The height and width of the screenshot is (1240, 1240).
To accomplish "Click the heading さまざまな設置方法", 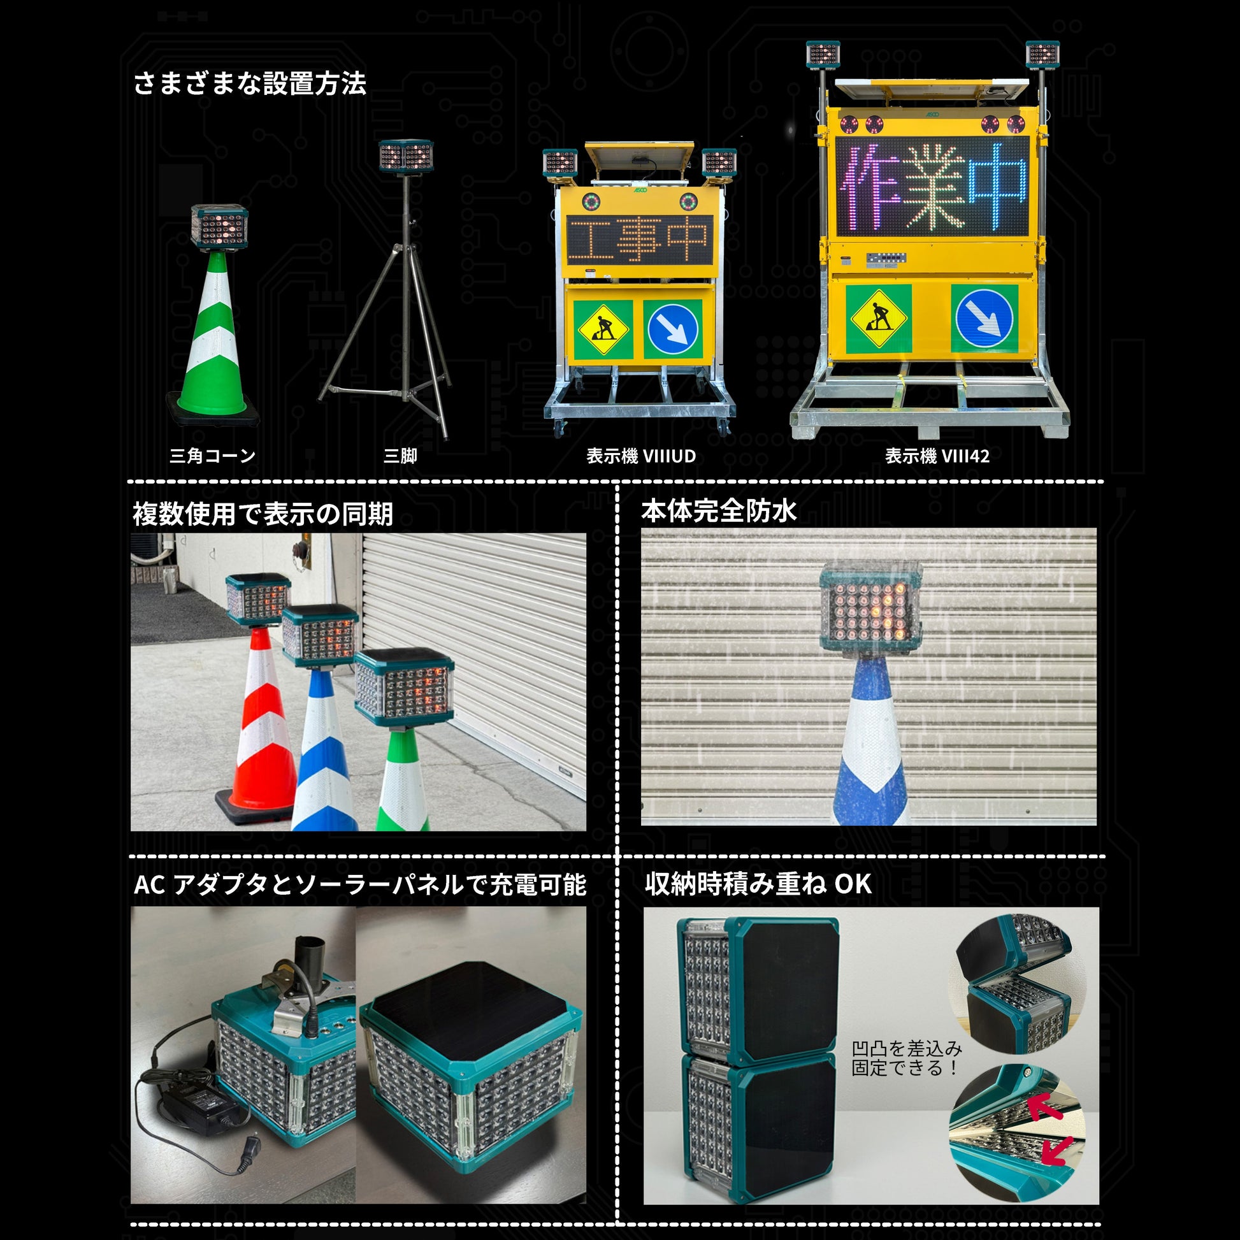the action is click(250, 84).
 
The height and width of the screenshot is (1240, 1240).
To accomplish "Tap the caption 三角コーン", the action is click(212, 456).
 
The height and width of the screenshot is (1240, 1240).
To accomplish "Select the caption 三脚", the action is click(401, 456).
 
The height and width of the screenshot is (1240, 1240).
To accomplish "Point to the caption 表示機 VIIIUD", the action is click(641, 456).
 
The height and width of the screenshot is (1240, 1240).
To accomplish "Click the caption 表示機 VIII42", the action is click(937, 456).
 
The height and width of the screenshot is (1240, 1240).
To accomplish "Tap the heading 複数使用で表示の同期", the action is click(263, 514).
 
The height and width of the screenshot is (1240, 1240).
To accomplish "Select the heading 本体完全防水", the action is click(719, 511).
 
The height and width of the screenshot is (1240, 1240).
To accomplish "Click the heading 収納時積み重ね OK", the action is click(759, 884).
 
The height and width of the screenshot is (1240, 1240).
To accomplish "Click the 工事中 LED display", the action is click(639, 240).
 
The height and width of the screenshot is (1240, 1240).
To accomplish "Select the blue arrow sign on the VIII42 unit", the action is click(984, 319).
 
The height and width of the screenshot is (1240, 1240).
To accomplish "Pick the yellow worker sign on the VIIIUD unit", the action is click(603, 329).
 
